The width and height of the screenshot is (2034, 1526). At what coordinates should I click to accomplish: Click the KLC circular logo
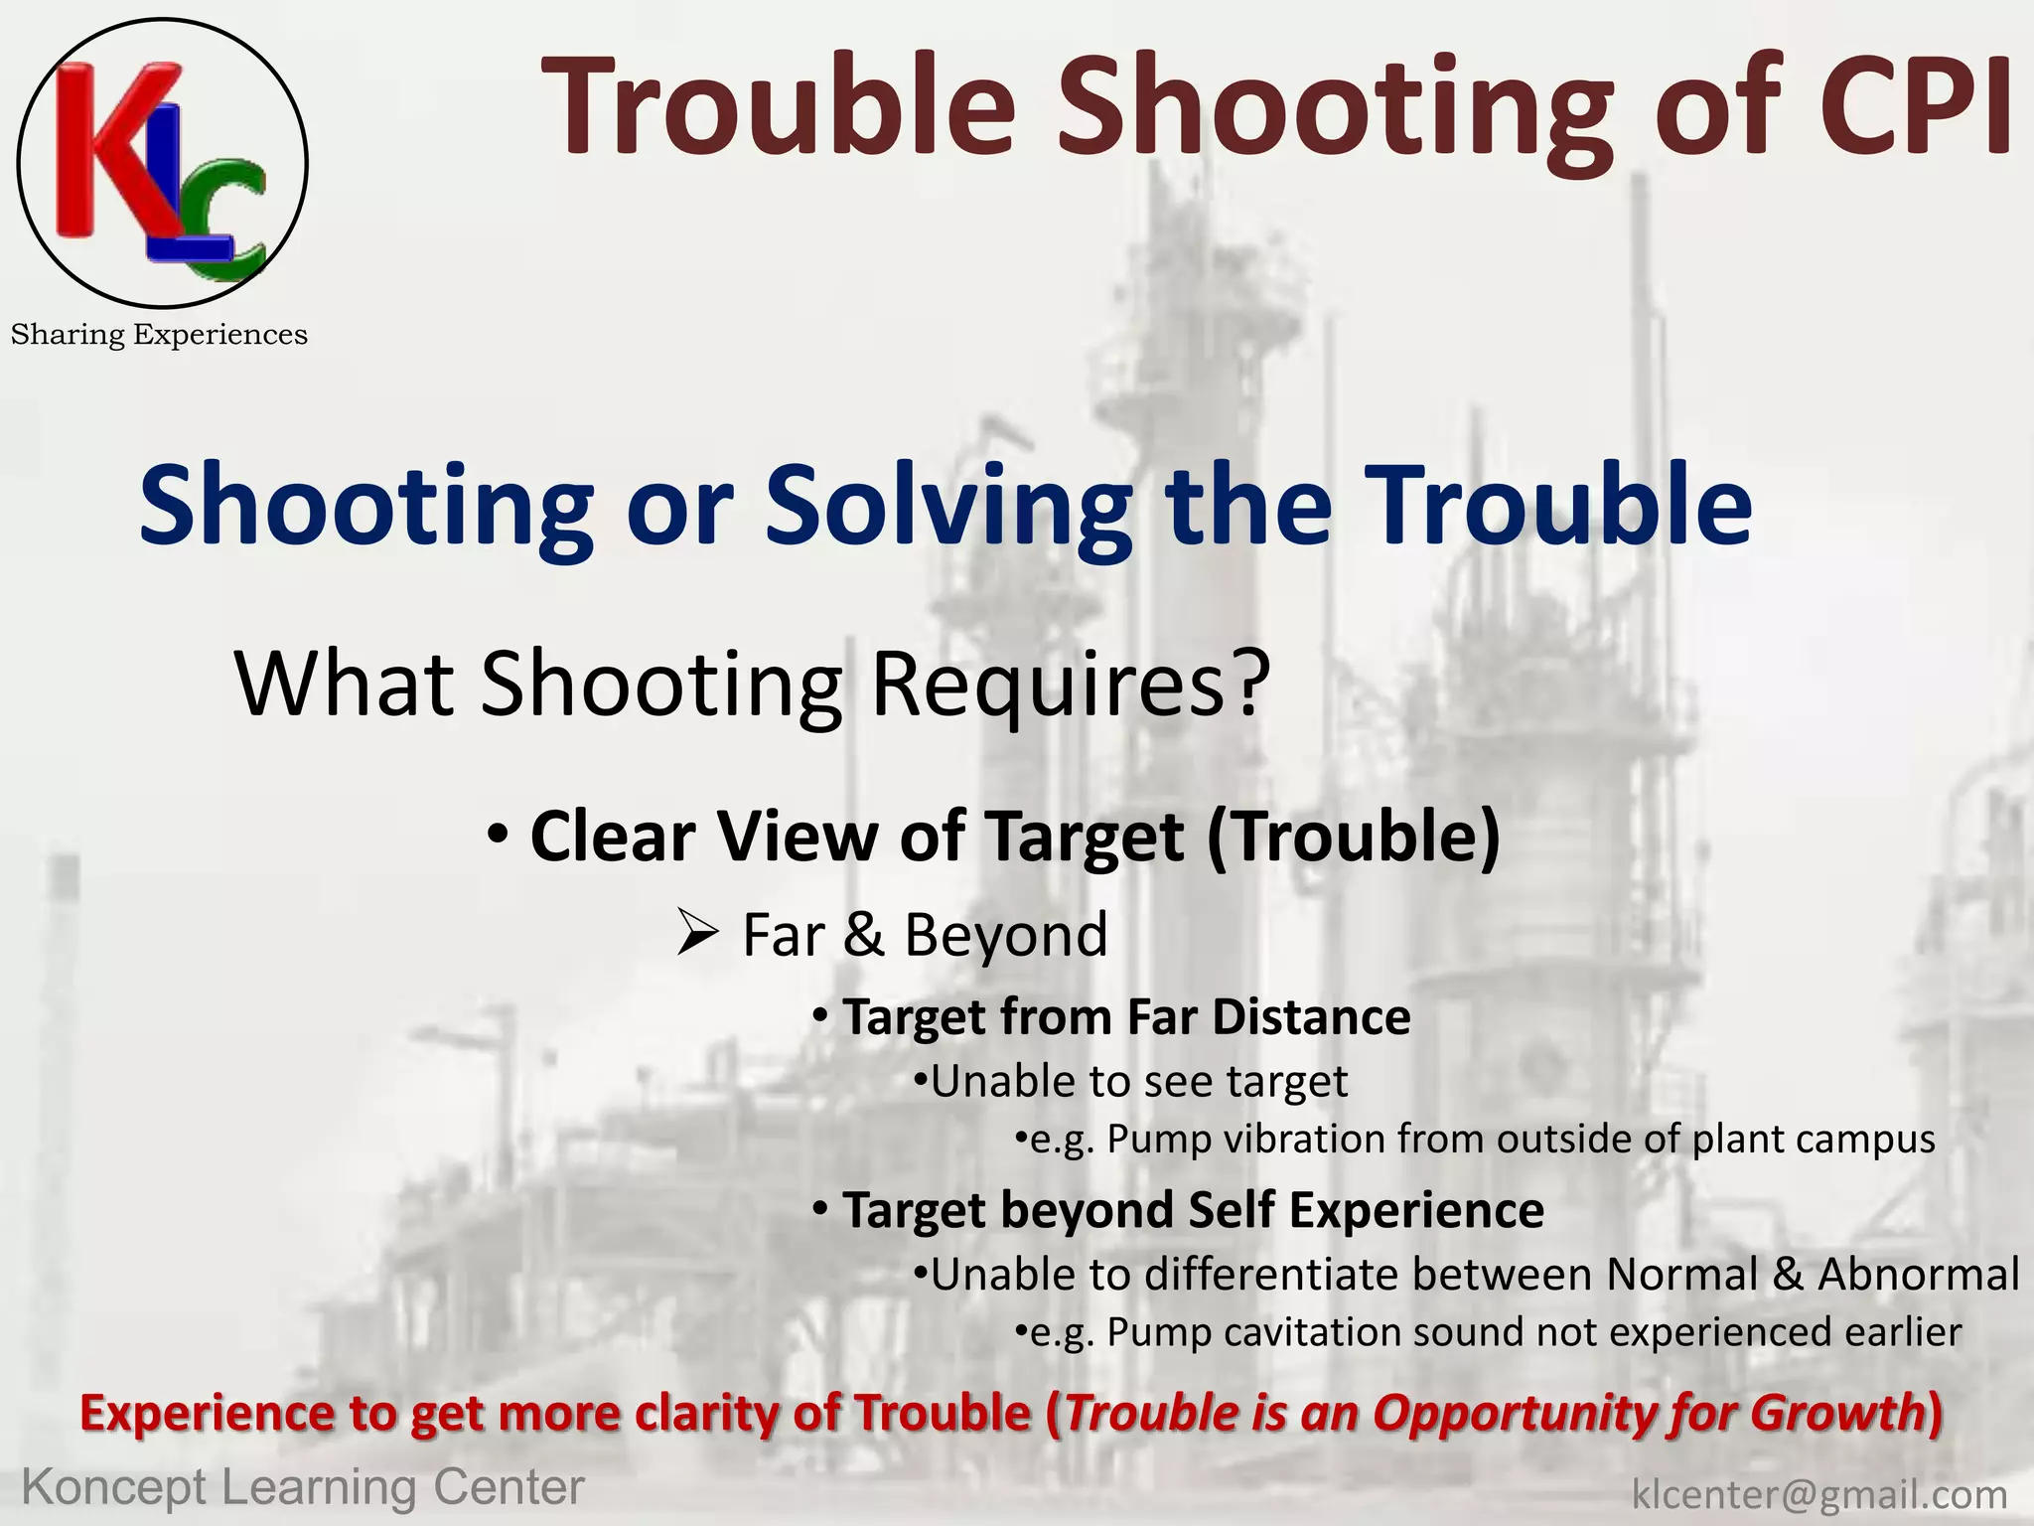(162, 163)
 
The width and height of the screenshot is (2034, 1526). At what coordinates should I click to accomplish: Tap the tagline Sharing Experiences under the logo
(159, 335)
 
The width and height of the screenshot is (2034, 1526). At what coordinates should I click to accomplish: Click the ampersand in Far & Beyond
(864, 936)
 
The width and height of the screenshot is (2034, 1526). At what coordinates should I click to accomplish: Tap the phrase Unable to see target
(1138, 1081)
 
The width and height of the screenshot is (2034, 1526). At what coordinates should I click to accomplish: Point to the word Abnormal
(1918, 1274)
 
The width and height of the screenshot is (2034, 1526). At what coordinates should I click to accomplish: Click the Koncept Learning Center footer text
(303, 1488)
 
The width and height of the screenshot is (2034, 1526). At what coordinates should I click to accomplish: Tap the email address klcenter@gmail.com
(1819, 1494)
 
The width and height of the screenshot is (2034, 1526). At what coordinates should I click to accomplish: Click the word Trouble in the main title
(779, 107)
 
